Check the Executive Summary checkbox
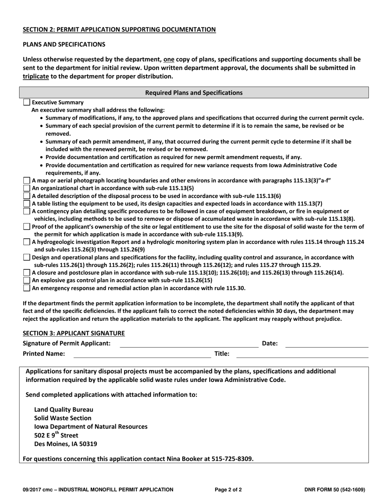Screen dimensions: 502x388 click(x=27, y=102)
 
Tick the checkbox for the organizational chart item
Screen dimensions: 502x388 click(x=27, y=188)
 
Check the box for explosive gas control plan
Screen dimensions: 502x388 click(x=27, y=280)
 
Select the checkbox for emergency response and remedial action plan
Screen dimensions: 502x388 click(x=27, y=288)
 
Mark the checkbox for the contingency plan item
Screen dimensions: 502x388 click(x=27, y=211)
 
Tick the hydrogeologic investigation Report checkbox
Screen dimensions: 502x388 click(x=27, y=242)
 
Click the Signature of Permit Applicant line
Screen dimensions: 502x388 click(x=189, y=344)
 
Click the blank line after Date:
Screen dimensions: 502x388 click(x=326, y=344)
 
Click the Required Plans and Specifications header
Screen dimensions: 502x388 click(x=194, y=93)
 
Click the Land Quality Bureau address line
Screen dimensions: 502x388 click(x=64, y=409)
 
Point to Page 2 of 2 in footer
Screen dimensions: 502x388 click(x=228, y=490)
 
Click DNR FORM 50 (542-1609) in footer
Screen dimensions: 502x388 click(x=334, y=490)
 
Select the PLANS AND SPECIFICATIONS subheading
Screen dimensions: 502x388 click(x=64, y=44)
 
